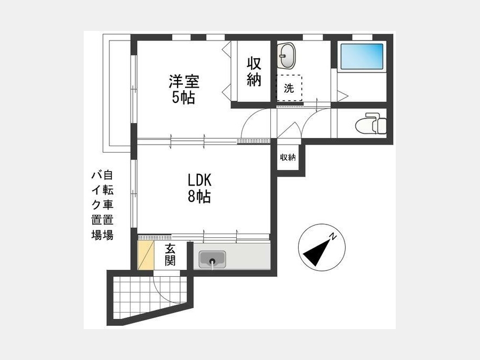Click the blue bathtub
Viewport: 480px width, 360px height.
(362, 57)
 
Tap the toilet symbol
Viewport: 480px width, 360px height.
(371, 123)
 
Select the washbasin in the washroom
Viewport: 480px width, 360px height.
(286, 55)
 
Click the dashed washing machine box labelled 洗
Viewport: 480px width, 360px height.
(289, 88)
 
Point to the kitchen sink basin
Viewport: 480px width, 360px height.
(212, 259)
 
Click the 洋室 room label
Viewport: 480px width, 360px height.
(184, 81)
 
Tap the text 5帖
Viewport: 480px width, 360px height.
(183, 98)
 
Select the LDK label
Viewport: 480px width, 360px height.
(199, 181)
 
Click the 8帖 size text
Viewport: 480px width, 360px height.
(199, 196)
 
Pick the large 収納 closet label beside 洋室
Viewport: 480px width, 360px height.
(254, 71)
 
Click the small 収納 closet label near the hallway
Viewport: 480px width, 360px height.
(288, 157)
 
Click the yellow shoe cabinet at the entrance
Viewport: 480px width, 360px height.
(146, 255)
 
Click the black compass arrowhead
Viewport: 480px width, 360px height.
(317, 253)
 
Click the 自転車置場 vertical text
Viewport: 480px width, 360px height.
(108, 205)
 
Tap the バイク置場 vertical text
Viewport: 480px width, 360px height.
(97, 205)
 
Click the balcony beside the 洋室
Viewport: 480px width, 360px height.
(117, 93)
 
